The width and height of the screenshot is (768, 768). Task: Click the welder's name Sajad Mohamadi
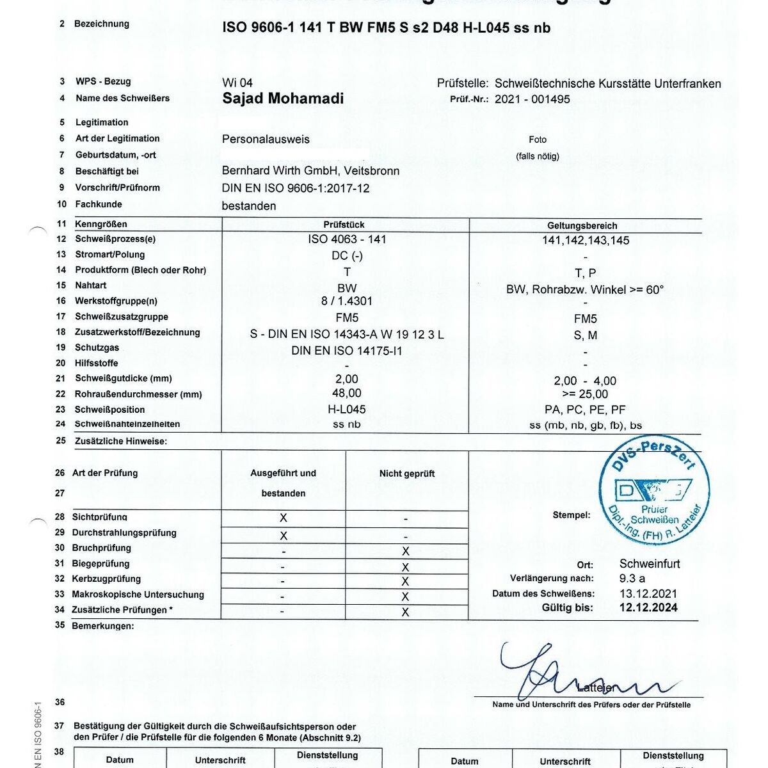tap(283, 99)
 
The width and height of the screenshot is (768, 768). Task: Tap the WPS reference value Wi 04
tap(237, 83)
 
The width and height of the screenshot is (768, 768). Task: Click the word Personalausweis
tap(266, 139)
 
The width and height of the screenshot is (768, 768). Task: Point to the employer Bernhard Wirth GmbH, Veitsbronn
tap(310, 171)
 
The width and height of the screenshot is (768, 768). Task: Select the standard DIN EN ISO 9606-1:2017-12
tap(296, 188)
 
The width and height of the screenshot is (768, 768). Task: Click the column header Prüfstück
tap(344, 225)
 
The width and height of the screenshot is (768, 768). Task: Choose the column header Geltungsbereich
tap(582, 225)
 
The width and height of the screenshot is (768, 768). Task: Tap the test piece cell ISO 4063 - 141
tap(347, 239)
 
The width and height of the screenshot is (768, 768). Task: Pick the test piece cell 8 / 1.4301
tap(347, 301)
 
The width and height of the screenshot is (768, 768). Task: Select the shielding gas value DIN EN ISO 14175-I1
tap(347, 351)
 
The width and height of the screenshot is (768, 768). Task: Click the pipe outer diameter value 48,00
tap(347, 393)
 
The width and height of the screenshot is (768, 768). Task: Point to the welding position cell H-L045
tap(347, 409)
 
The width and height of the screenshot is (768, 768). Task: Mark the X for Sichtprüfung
tap(284, 518)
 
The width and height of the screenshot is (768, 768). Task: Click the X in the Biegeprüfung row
tap(405, 567)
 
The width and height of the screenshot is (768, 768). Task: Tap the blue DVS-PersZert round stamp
tap(653, 492)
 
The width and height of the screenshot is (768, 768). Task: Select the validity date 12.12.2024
tap(648, 608)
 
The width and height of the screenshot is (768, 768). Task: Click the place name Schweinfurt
tap(650, 564)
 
